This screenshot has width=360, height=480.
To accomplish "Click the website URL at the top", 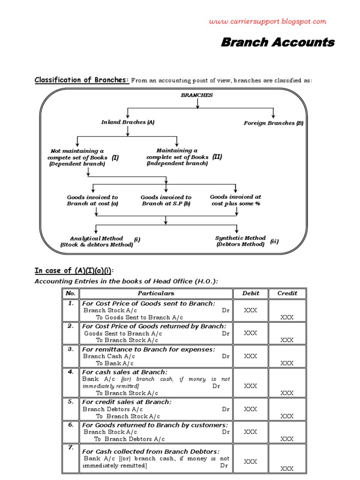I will tap(267, 22).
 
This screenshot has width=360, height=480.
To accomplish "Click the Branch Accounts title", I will tap(277, 43).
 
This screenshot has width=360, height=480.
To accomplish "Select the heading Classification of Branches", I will tap(82, 80).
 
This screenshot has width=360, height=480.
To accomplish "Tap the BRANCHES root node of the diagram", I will tap(197, 95).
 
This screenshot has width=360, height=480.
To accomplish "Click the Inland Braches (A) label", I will tap(128, 122).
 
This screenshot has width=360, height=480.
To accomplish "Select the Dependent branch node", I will tap(77, 157).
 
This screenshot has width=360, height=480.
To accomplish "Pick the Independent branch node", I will tap(177, 157).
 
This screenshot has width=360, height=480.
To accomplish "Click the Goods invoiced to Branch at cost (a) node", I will tap(92, 201).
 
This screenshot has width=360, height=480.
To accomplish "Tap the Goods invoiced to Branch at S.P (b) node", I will tap(166, 201).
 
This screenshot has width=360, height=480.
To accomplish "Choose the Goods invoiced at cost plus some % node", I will tap(235, 200).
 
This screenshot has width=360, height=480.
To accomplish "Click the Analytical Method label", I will tap(96, 241).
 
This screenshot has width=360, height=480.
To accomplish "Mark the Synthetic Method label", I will tap(240, 241).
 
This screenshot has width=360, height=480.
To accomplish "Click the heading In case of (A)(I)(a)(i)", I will tap(74, 271).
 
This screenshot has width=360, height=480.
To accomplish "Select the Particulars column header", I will tap(156, 293).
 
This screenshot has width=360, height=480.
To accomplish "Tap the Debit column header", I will tap(250, 293).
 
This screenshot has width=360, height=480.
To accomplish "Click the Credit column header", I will tap(287, 293).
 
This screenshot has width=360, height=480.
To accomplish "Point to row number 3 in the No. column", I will tap(70, 349).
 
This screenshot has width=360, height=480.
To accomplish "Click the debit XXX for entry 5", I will tap(250, 409).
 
